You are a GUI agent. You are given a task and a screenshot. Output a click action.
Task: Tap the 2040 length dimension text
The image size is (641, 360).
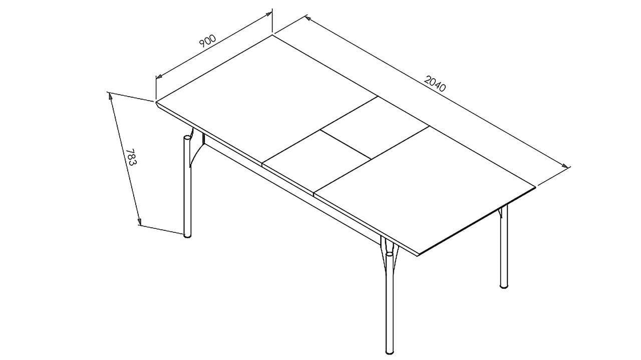point(435,84)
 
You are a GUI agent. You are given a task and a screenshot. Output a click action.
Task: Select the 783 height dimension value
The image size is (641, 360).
point(132,157)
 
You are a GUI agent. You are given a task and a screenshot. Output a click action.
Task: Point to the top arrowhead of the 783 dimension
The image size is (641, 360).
point(110,97)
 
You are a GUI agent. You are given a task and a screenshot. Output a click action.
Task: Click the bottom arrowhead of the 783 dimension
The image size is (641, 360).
point(139,221)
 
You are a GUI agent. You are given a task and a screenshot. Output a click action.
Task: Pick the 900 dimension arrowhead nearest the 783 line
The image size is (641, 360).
point(160,76)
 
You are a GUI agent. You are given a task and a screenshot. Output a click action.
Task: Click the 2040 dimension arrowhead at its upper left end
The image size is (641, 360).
point(309,19)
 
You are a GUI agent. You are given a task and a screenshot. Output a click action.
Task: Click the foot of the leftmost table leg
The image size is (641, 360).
point(187,236)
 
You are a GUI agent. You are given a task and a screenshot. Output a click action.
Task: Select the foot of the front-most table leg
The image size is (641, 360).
point(390,351)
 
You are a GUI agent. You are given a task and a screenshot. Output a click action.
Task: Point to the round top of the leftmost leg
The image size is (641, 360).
point(187,138)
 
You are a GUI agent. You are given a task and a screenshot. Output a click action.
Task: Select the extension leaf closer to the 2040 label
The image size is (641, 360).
point(375,128)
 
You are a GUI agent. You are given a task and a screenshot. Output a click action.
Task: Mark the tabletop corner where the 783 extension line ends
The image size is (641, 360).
point(156,102)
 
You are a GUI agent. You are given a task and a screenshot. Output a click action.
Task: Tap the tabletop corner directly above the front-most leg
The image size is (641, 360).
point(418,254)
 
